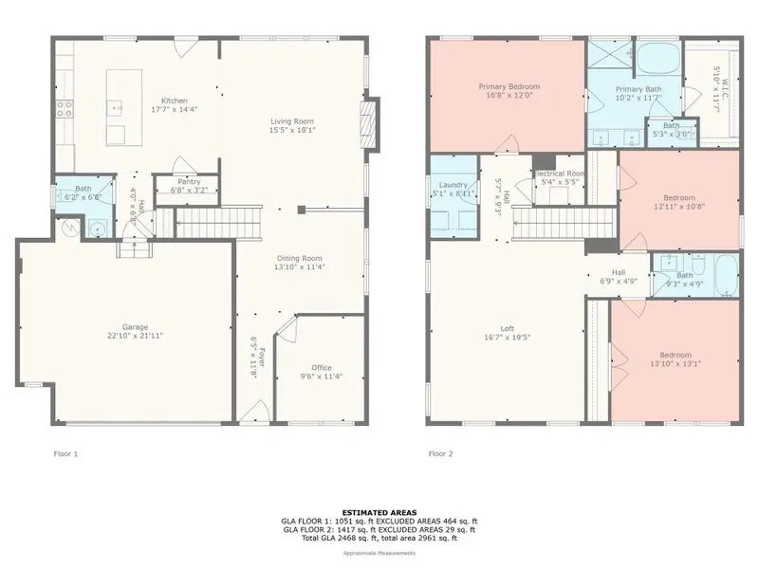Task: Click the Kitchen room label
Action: [x=174, y=101]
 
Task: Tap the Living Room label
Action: [x=292, y=121]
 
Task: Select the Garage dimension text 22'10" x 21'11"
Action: [x=128, y=337]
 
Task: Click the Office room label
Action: [x=323, y=367]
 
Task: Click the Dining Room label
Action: [x=300, y=258]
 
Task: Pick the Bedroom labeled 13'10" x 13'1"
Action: [x=676, y=355]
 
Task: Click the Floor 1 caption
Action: [x=65, y=454]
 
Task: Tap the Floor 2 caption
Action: [x=440, y=454]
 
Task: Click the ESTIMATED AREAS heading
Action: [x=379, y=512]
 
